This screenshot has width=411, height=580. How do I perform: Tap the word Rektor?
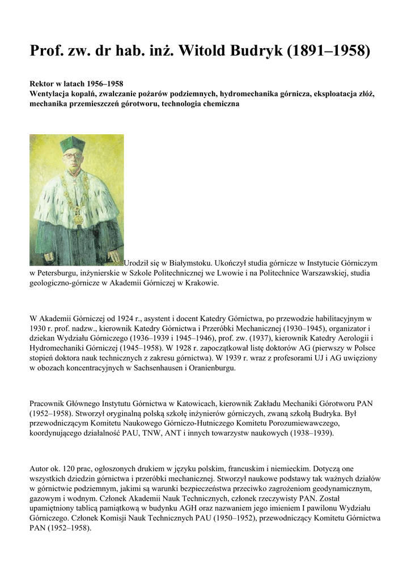pos(43,83)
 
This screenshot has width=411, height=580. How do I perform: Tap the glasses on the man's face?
pos(72,155)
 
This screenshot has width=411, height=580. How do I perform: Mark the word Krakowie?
pos(201,283)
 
